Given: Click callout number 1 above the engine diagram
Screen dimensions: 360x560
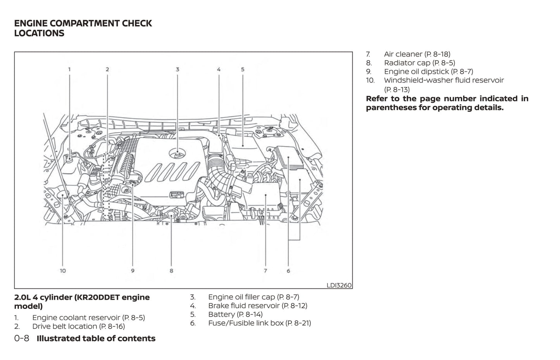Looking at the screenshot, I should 69,69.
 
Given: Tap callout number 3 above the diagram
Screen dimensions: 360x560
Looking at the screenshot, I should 177,69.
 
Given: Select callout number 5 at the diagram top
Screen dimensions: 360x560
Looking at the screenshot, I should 243,69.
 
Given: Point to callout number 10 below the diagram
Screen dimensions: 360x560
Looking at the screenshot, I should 63,271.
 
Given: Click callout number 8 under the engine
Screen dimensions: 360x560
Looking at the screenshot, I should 171,271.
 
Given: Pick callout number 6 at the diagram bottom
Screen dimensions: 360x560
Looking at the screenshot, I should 288,271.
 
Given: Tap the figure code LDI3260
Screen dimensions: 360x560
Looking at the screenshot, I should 339,285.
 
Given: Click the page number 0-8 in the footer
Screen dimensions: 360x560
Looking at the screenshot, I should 22,338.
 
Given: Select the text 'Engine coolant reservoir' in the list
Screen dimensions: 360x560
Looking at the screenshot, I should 76,318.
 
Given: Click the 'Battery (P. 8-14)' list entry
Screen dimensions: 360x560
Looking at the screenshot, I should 235,314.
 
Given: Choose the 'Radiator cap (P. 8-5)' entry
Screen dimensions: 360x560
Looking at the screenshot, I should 419,63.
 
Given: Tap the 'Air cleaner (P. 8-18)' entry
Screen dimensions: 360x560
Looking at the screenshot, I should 417,54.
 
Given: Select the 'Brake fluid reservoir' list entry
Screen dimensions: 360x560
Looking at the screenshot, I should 244,306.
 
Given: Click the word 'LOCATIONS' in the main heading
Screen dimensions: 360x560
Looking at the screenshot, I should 39,33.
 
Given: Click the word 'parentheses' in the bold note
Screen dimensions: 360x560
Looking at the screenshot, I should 391,108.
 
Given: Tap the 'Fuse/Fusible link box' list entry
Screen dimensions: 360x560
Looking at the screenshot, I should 246,323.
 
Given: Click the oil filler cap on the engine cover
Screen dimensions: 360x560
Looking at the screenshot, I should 177,154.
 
